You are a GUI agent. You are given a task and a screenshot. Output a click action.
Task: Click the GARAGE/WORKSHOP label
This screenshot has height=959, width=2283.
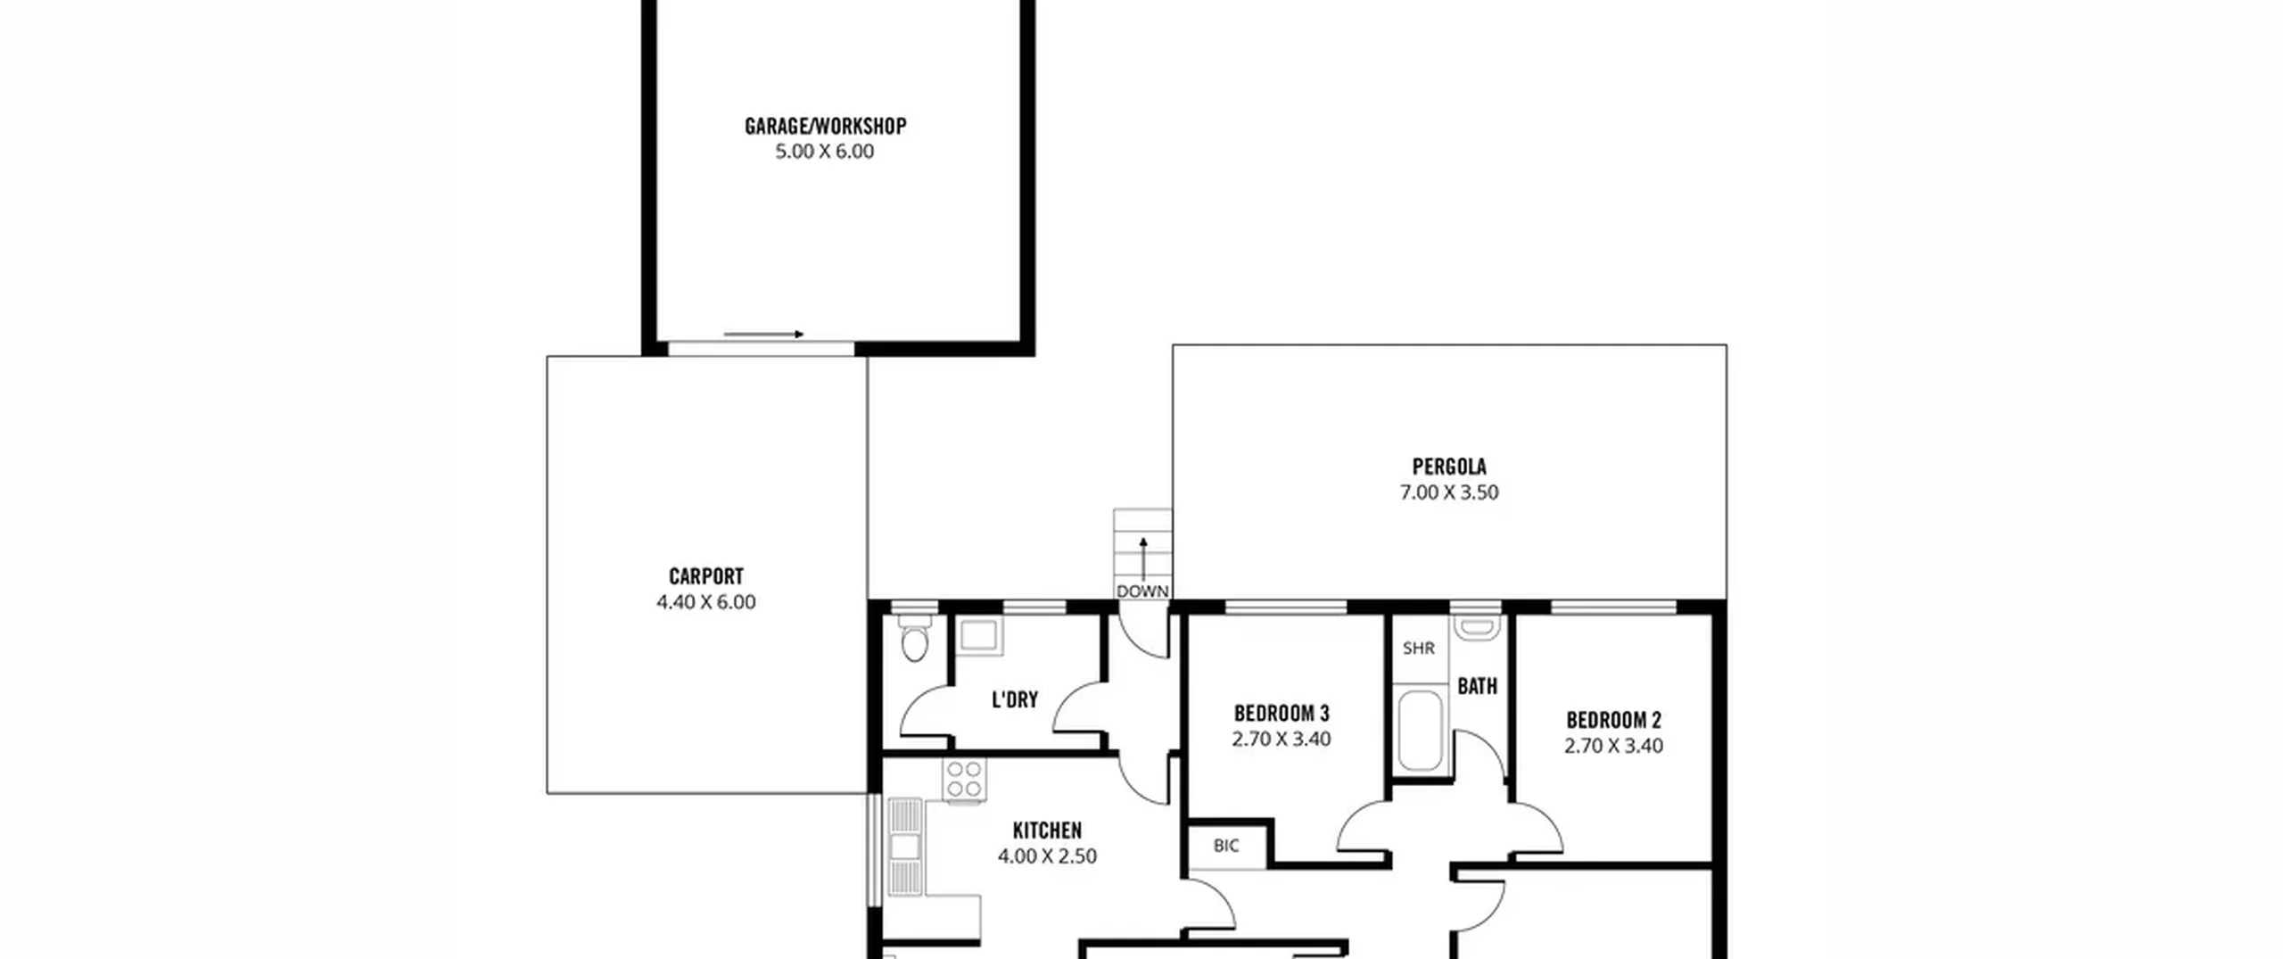click(x=825, y=126)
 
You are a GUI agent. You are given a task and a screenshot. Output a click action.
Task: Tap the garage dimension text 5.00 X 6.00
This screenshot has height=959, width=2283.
click(x=825, y=152)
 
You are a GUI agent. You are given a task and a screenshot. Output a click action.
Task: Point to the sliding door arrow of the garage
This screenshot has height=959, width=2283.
click(x=763, y=335)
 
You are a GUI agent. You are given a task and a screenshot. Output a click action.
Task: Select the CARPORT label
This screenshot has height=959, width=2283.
click(x=706, y=576)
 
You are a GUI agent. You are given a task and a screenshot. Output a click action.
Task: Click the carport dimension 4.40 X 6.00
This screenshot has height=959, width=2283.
click(x=706, y=602)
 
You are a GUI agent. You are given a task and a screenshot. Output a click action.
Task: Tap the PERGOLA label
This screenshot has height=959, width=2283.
click(x=1449, y=467)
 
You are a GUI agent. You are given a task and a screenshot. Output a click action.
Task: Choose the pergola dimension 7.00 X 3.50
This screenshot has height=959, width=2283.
click(x=1449, y=492)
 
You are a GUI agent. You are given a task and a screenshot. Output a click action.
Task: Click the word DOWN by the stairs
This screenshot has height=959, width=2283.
click(x=1142, y=591)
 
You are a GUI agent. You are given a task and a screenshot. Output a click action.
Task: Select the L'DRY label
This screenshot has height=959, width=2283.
click(x=1015, y=699)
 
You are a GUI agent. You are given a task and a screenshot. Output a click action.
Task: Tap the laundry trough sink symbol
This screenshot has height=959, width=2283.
click(x=979, y=635)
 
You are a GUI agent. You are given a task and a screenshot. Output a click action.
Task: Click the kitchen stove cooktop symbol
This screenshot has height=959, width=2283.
click(x=965, y=780)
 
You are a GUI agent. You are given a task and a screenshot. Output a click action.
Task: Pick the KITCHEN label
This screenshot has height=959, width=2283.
click(x=1047, y=831)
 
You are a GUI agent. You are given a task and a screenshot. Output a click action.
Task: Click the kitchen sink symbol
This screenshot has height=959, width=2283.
click(x=905, y=846)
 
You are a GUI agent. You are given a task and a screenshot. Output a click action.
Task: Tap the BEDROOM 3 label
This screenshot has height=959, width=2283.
click(x=1282, y=714)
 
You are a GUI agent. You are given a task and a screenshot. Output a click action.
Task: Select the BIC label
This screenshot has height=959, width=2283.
click(x=1226, y=846)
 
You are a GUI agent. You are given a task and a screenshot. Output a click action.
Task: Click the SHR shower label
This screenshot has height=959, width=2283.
click(x=1419, y=649)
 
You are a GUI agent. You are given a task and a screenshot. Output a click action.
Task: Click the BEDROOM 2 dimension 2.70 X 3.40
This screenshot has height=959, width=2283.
click(x=1613, y=746)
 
